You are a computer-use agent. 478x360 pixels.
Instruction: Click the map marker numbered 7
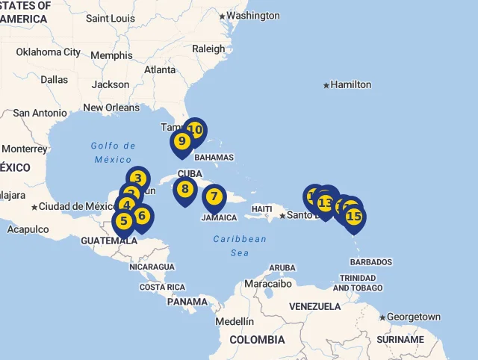point(214,197)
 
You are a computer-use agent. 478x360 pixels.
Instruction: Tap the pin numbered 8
point(185,190)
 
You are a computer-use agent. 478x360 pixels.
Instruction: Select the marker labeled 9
point(181,141)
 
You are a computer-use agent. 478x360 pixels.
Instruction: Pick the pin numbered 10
point(195,130)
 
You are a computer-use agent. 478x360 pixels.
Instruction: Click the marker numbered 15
point(354,217)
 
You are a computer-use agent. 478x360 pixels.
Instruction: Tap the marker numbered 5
point(124,220)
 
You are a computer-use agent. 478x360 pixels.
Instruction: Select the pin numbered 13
point(325,203)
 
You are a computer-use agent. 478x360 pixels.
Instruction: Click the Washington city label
point(252,16)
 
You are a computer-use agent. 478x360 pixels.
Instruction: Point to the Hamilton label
point(350,85)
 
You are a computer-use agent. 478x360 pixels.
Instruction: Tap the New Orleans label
point(111,108)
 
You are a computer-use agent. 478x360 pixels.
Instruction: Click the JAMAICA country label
point(219,218)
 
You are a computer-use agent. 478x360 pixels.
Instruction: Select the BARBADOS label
point(370,262)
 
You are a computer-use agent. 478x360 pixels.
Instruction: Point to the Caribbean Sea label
point(239,246)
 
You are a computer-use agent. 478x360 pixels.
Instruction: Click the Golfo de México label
point(114,152)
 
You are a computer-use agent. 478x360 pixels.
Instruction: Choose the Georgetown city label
point(413,317)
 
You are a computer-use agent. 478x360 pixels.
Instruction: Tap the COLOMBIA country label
point(257,340)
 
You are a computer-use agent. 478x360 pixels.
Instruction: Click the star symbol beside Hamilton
point(326,85)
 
